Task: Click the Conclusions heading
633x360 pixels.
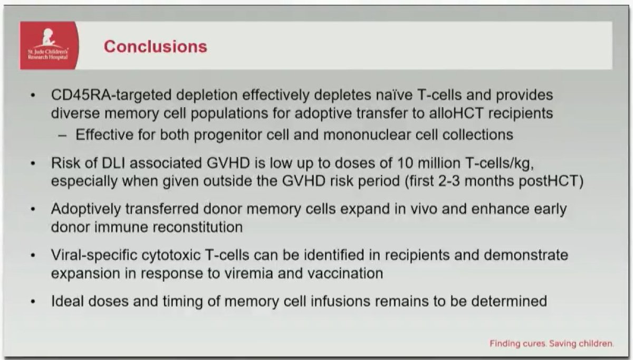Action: [x=155, y=46]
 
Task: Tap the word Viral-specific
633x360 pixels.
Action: [x=94, y=255]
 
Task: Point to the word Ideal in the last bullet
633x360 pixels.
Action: [x=67, y=301]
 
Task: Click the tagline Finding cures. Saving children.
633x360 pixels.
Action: [x=552, y=343]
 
